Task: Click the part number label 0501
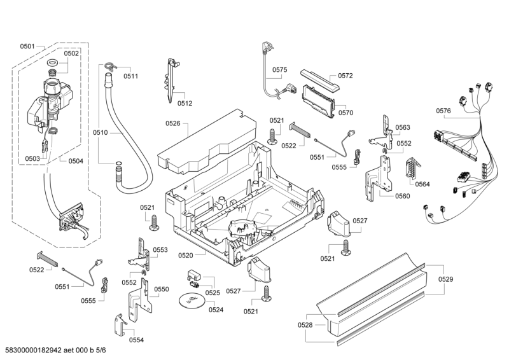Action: point(27,46)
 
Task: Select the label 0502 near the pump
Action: point(71,53)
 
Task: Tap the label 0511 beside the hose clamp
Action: point(131,76)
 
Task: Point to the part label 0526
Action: point(173,123)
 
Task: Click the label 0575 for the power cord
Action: point(280,70)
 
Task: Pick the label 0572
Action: point(345,76)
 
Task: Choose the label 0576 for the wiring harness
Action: point(443,111)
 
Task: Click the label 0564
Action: point(422,184)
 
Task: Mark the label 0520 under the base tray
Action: point(186,256)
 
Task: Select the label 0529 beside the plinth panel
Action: point(445,279)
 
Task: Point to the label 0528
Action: point(305,325)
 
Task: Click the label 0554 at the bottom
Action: point(136,340)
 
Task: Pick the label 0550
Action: point(162,289)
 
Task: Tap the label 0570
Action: point(345,113)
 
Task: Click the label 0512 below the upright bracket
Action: point(185,103)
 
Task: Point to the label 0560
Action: point(402,196)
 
